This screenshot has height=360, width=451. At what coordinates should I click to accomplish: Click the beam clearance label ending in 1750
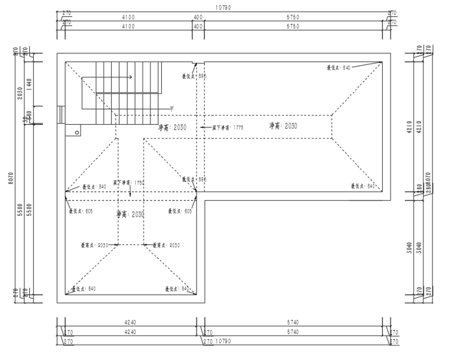click(130, 183)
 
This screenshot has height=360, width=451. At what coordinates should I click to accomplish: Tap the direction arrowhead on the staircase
click(131, 77)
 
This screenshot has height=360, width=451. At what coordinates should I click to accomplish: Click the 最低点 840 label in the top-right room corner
click(339, 68)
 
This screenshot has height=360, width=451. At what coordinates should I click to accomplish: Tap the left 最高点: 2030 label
click(94, 245)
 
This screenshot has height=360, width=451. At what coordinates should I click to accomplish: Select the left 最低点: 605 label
click(80, 211)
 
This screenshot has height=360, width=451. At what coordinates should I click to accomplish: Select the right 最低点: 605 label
click(180, 211)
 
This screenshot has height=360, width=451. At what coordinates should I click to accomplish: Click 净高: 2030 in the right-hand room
click(283, 126)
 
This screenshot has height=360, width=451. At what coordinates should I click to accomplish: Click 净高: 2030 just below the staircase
click(173, 128)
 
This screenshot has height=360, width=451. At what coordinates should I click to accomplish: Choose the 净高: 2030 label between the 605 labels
click(130, 214)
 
